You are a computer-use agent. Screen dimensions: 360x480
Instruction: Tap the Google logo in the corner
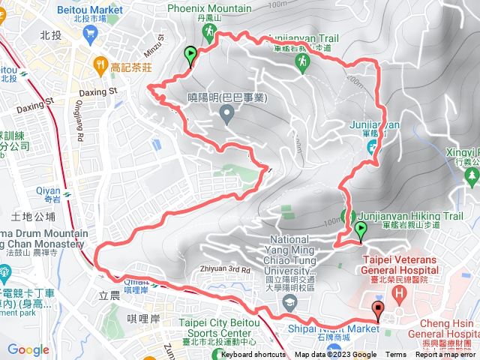[28, 349]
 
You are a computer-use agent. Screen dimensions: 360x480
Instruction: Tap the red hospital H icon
[400, 291]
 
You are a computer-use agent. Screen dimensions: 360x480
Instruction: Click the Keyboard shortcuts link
[253, 355]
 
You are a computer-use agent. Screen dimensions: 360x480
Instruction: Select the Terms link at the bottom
[395, 355]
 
